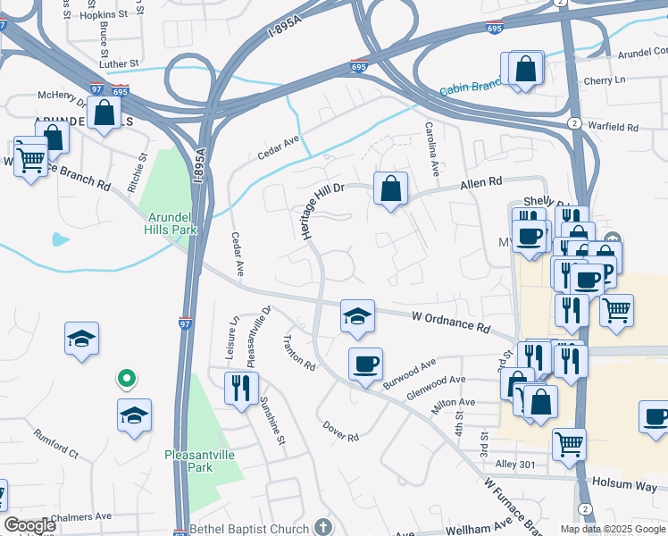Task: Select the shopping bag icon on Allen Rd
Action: (390, 188)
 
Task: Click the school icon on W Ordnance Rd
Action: (357, 316)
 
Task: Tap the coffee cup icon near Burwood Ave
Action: (365, 364)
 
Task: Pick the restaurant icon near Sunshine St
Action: (241, 388)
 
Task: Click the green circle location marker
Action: (127, 379)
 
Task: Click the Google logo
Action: (29, 525)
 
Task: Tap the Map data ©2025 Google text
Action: (613, 529)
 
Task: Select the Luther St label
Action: (120, 63)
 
